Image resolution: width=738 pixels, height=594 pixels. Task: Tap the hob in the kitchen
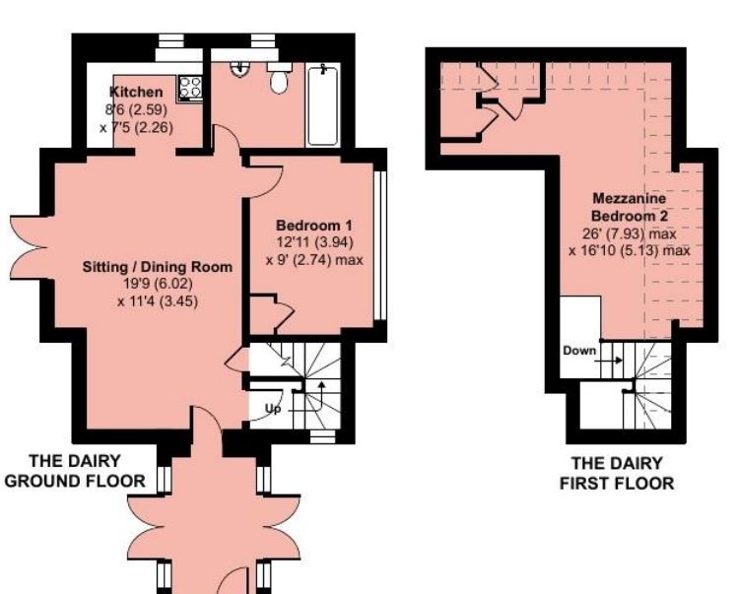(188, 88)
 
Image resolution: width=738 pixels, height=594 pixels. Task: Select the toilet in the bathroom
(279, 79)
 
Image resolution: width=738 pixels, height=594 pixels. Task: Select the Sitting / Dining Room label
(158, 267)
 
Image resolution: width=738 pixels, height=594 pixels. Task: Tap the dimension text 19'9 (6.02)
(158, 285)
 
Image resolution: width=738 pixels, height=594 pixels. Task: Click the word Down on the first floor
(580, 350)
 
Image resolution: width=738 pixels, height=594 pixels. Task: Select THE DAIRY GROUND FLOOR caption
(75, 471)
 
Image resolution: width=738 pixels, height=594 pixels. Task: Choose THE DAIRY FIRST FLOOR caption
(617, 473)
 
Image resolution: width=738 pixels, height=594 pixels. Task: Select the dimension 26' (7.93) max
(629, 233)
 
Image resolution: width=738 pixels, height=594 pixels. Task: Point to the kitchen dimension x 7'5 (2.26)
(135, 126)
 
